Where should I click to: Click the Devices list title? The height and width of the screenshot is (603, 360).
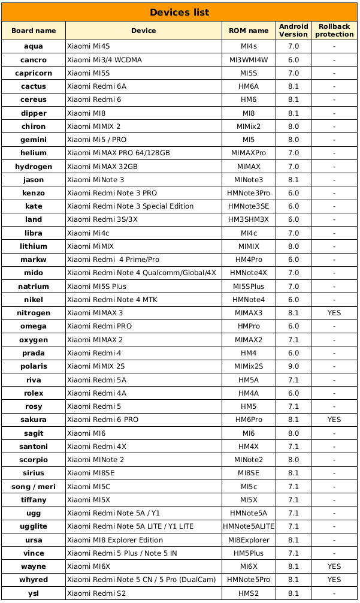coord(180,13)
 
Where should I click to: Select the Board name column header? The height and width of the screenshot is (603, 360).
coord(34,31)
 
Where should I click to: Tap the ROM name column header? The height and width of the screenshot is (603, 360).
coord(249,31)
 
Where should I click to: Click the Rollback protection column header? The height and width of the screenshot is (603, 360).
coord(334,31)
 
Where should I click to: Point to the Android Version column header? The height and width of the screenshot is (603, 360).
coord(294,31)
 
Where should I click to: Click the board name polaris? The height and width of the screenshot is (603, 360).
coord(34,366)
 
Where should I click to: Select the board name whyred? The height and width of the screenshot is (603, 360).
coord(34,580)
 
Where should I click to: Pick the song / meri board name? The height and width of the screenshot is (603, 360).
coord(34,486)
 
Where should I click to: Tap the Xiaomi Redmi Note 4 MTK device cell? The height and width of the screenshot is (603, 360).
coord(112,300)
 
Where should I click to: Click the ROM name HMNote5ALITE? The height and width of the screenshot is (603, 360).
coord(249,526)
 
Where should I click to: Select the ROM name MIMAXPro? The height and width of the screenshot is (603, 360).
coord(249,153)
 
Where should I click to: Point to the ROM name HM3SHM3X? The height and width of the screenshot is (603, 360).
coord(249,219)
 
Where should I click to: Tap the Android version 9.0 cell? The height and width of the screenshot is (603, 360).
coord(294,366)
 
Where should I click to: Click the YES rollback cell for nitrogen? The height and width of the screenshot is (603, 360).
coord(334,313)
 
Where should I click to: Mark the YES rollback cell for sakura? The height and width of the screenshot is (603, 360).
coord(334,420)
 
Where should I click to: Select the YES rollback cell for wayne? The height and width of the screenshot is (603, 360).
coord(334,566)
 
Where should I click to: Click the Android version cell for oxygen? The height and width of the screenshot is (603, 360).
coord(294,340)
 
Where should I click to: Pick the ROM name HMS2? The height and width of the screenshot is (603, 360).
coord(249,593)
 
